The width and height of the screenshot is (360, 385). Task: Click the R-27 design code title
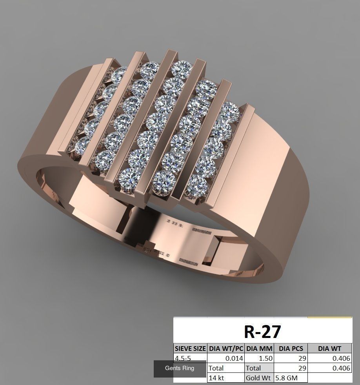(262, 331)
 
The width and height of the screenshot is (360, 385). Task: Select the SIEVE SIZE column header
(190, 349)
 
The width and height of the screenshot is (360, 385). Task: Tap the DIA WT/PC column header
(226, 349)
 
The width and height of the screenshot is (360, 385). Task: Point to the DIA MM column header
(259, 349)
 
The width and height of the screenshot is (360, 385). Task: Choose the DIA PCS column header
(291, 349)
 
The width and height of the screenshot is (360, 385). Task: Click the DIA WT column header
(329, 349)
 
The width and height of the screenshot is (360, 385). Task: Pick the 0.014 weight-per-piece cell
(234, 358)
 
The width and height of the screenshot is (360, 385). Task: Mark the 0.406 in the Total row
(341, 368)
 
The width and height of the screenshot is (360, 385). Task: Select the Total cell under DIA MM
(253, 368)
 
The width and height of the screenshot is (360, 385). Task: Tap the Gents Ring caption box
(180, 369)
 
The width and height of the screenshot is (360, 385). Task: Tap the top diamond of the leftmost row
(120, 73)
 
